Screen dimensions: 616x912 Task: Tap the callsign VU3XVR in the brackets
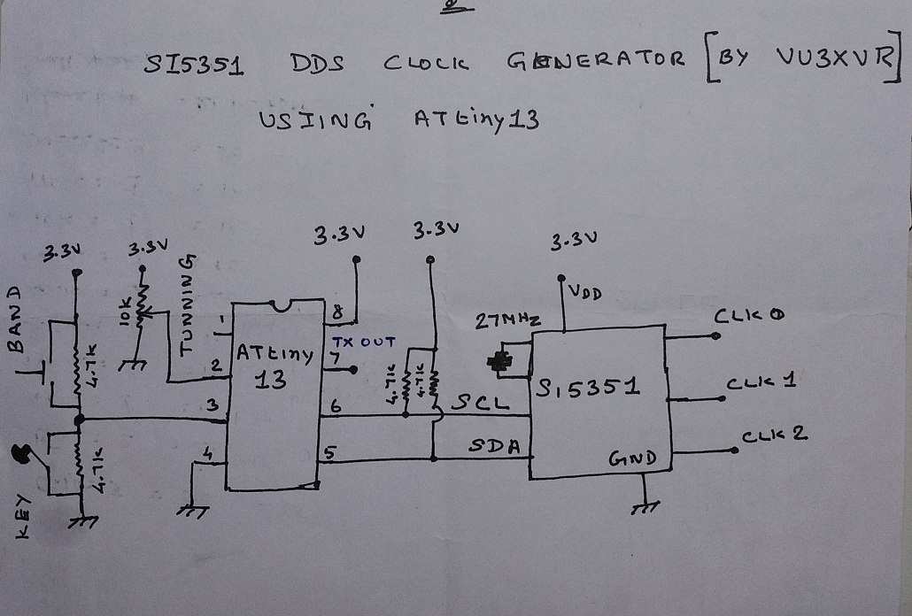point(832,58)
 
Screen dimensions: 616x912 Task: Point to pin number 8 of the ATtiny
point(336,311)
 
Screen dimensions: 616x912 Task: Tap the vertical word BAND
point(14,318)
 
